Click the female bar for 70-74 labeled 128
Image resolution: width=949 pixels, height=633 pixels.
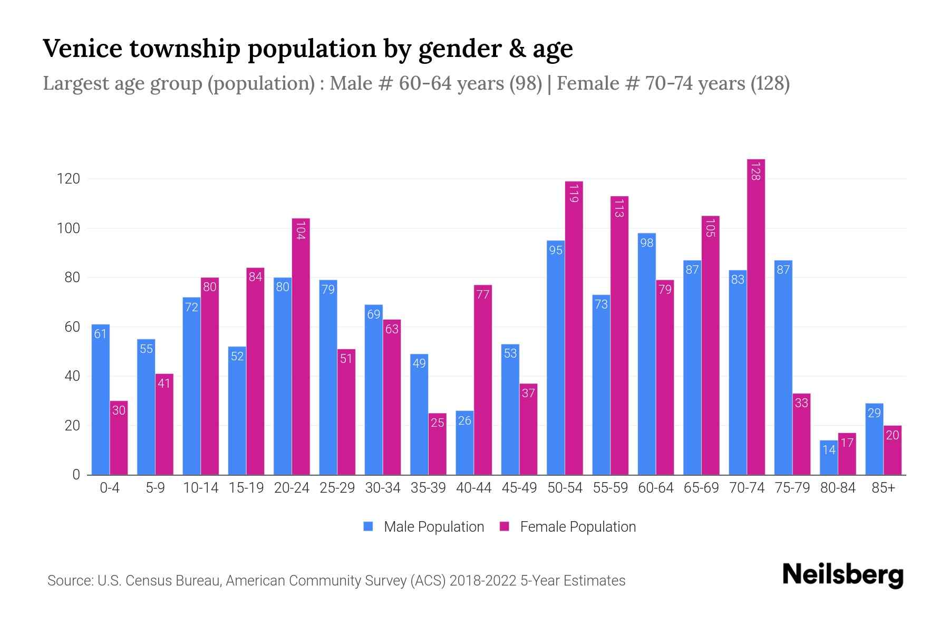[x=756, y=316]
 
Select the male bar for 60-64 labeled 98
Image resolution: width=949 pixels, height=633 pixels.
[x=646, y=353]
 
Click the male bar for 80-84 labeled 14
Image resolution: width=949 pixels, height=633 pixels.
[x=829, y=457]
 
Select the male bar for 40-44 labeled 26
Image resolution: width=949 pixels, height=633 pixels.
[x=464, y=443]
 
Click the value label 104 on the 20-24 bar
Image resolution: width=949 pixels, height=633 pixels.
[x=301, y=231]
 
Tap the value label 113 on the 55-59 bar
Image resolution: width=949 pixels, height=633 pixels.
[x=619, y=208]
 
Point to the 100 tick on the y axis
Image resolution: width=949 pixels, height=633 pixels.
[x=68, y=228]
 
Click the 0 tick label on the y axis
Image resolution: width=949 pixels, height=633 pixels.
[x=76, y=475]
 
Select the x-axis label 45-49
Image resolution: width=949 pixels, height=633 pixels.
[x=519, y=488]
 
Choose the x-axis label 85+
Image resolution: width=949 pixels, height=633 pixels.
[x=883, y=488]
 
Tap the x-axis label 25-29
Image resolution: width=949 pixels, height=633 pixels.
[x=337, y=488]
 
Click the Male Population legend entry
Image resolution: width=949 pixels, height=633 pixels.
[x=433, y=526]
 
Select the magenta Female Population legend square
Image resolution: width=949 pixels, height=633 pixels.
[x=505, y=526]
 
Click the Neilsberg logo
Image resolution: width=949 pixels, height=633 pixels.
[x=843, y=575]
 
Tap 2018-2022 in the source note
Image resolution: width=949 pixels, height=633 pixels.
[x=482, y=581]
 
